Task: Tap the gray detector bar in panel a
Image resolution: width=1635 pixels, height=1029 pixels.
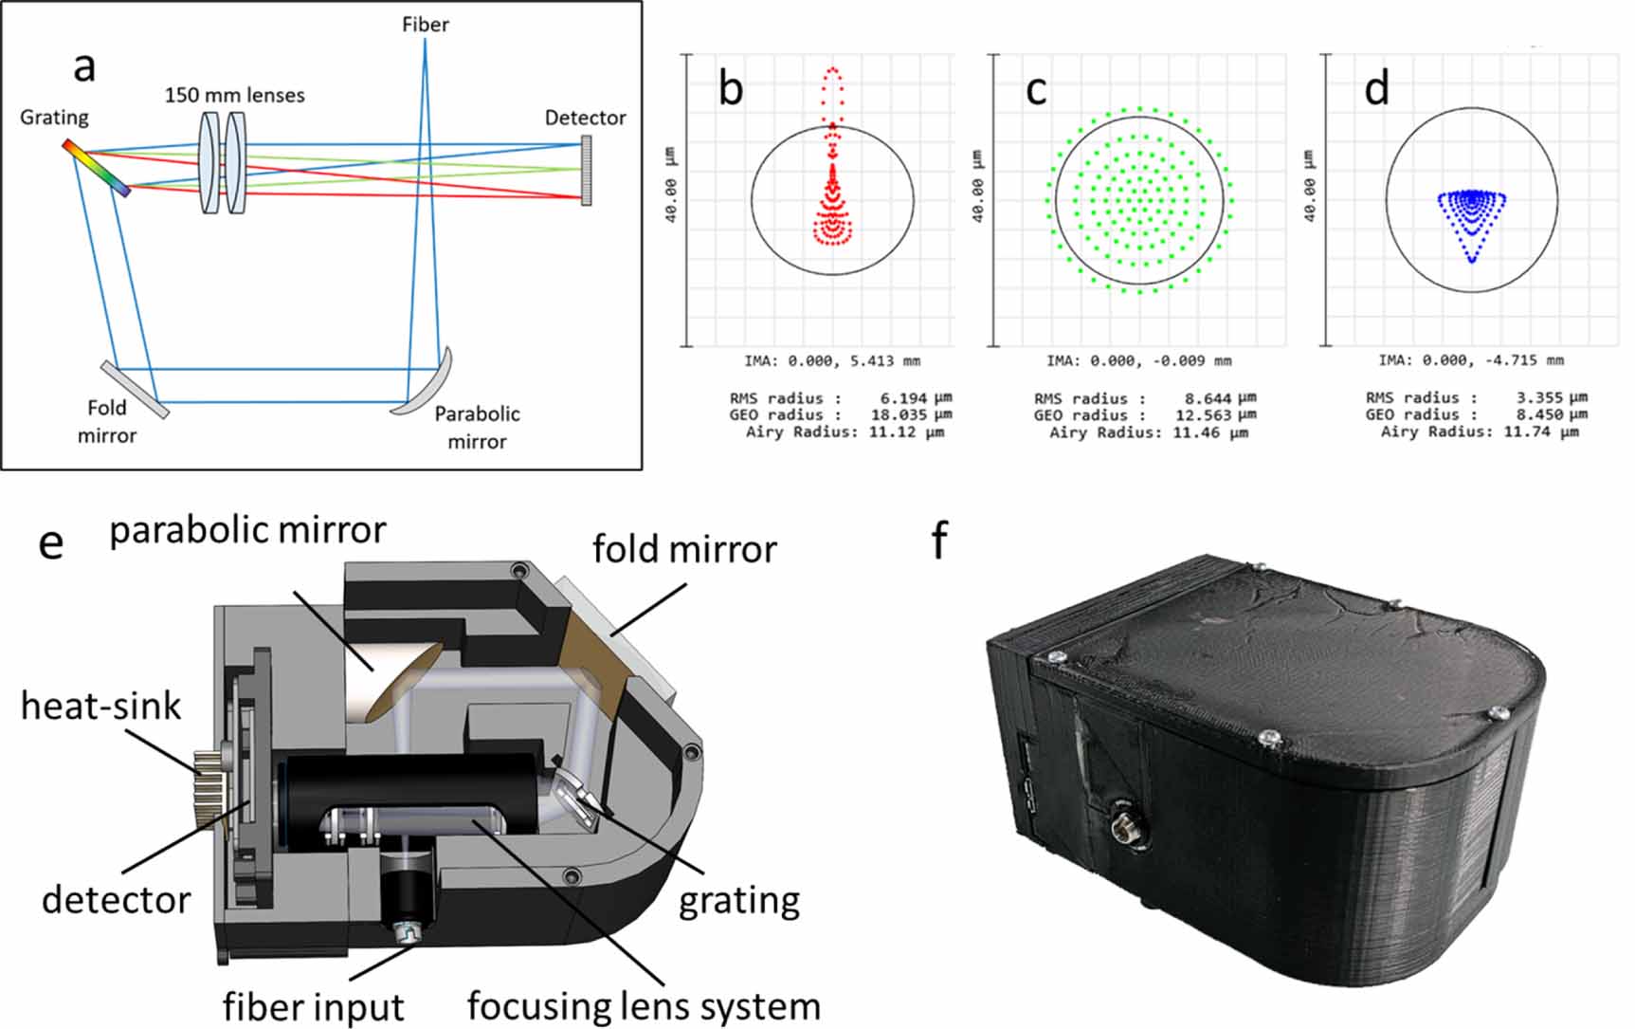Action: click(x=586, y=171)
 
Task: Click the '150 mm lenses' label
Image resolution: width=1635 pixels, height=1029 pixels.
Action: click(x=234, y=95)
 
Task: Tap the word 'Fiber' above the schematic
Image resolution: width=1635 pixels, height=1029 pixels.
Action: click(x=425, y=24)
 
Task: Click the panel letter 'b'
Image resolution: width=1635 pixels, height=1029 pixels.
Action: click(x=731, y=88)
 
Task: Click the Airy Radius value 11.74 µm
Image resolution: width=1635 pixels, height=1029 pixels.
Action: click(x=1544, y=432)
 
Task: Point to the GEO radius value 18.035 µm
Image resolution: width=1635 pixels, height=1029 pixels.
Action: click(x=911, y=415)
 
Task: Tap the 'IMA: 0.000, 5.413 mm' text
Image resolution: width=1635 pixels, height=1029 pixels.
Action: click(x=831, y=360)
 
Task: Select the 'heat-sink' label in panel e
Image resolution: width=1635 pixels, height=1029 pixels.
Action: click(x=100, y=707)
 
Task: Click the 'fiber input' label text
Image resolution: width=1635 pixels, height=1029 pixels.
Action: click(x=314, y=1006)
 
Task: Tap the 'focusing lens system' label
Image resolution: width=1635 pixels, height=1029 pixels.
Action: click(x=644, y=1006)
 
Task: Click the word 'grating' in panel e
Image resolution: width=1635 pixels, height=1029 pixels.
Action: click(x=738, y=900)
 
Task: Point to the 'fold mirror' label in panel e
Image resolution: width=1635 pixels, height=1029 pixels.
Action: click(x=684, y=549)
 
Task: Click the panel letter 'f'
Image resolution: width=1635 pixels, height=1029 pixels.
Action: click(x=939, y=541)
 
